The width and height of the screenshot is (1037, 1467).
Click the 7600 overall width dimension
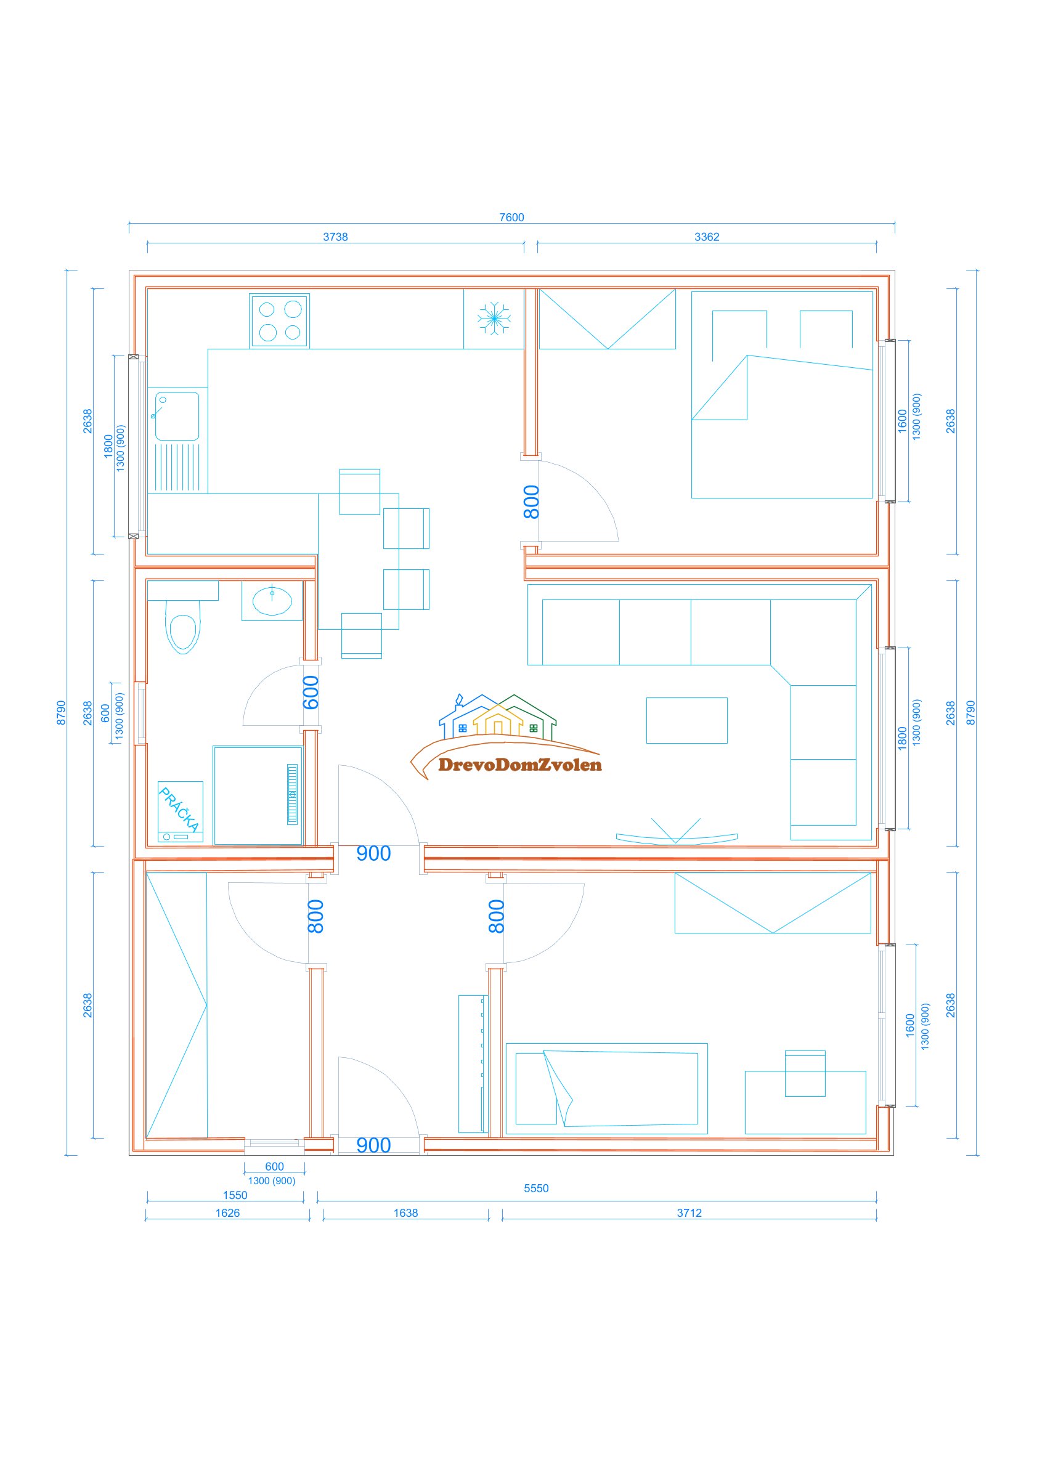click(x=511, y=217)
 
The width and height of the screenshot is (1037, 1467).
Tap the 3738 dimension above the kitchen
click(x=335, y=237)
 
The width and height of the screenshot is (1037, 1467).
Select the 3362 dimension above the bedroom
click(x=707, y=237)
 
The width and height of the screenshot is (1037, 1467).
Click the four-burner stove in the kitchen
click(x=279, y=321)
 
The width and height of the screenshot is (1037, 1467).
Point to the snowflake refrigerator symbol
click(x=494, y=317)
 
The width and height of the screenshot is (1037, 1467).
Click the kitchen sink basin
click(x=177, y=417)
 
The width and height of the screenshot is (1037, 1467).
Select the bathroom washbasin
click(x=272, y=601)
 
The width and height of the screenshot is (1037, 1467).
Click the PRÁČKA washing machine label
click(x=179, y=809)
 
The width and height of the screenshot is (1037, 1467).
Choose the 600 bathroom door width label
click(x=311, y=693)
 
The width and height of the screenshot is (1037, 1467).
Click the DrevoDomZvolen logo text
click(x=520, y=765)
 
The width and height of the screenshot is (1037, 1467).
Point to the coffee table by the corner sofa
click(x=687, y=721)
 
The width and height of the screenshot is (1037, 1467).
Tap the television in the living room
click(x=677, y=836)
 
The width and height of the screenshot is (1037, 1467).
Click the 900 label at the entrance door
click(x=373, y=1145)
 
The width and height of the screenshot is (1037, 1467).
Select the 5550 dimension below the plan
click(x=536, y=1189)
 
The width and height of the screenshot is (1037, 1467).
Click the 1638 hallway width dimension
click(x=405, y=1213)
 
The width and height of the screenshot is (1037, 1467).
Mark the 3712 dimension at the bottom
click(x=689, y=1213)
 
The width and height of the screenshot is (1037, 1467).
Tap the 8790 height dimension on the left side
click(x=62, y=712)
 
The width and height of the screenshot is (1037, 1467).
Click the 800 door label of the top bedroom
click(x=532, y=502)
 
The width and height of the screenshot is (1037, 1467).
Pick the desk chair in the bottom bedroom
click(x=805, y=1074)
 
